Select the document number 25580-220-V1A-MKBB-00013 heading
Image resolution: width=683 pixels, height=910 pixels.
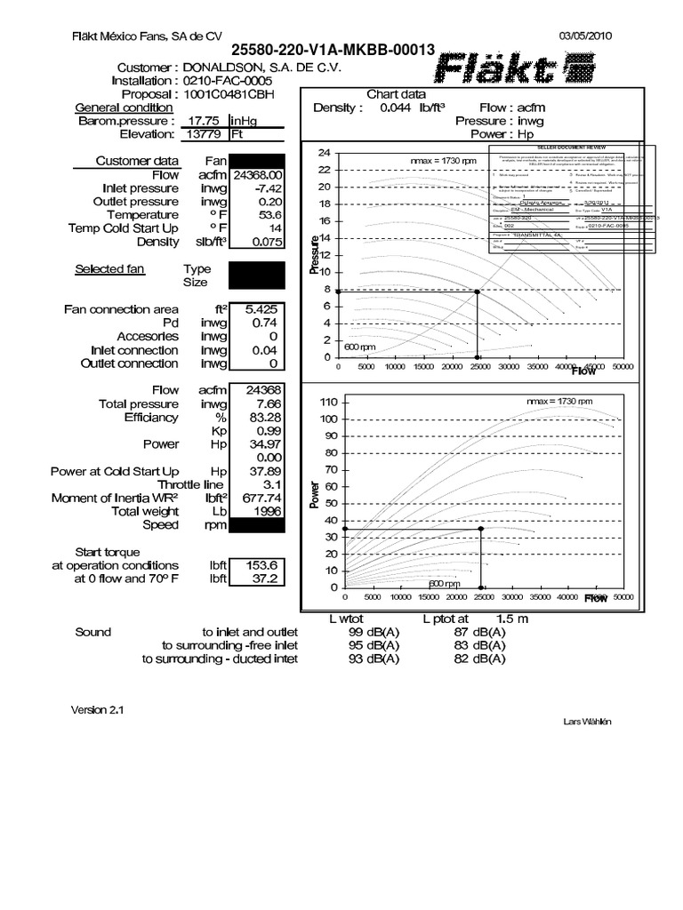[333, 52]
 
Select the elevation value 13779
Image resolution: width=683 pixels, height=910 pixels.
[204, 134]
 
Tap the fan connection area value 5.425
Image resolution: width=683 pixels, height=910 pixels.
[262, 309]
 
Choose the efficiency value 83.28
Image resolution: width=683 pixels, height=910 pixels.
[265, 417]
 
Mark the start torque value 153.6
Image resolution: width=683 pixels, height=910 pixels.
[266, 565]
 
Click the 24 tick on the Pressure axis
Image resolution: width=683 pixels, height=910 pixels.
[324, 153]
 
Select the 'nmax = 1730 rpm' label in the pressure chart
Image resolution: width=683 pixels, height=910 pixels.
[443, 160]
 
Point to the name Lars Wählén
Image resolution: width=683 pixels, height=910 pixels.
[587, 722]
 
